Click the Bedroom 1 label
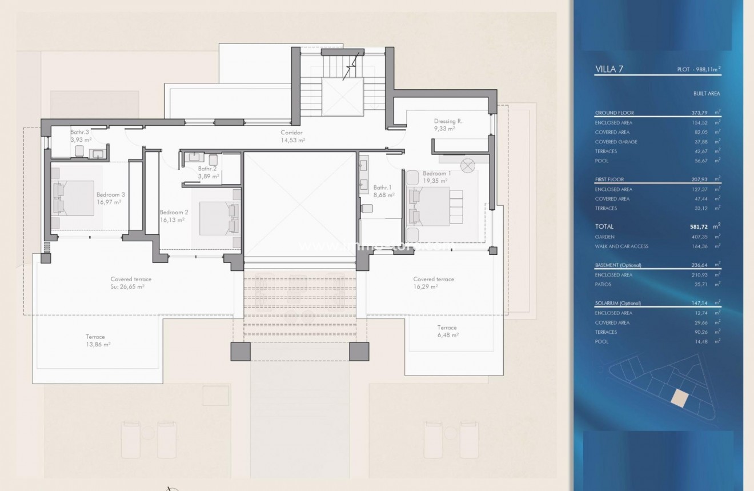click(437, 173)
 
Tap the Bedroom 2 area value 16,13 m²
click(172, 219)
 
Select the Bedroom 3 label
click(110, 194)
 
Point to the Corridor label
click(292, 132)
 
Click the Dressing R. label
click(448, 121)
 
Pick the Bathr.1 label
click(383, 187)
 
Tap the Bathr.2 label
click(207, 169)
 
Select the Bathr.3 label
click(79, 131)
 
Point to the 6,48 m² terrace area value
click(447, 335)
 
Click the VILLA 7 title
click(609, 69)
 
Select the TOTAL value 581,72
click(701, 227)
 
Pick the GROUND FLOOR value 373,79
click(701, 113)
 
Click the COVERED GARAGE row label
click(616, 142)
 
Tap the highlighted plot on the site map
click(679, 398)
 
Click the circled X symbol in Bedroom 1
click(468, 166)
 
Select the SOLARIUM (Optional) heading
click(617, 303)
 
